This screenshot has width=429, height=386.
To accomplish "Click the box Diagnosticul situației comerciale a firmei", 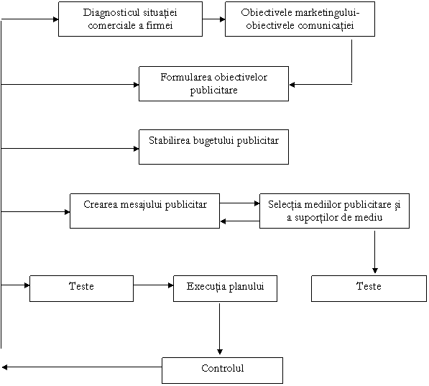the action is click(x=130, y=19).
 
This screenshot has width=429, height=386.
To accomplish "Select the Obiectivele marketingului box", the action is click(x=300, y=19).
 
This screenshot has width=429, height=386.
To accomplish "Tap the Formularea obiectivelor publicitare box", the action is click(x=213, y=84).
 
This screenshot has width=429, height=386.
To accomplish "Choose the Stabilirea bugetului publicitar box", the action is click(x=213, y=147).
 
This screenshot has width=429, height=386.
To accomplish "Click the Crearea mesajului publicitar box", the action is click(x=144, y=211).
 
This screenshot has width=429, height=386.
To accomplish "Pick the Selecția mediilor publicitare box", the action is click(x=334, y=211).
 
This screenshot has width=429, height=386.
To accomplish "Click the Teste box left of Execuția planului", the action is click(x=81, y=288).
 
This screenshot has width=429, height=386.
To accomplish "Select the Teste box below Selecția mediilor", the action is click(x=369, y=288).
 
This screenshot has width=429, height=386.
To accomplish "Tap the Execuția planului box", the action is click(x=225, y=288).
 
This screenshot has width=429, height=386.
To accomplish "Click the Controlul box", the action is click(x=222, y=370).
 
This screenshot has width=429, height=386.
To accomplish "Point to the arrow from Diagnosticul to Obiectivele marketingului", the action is click(x=213, y=19).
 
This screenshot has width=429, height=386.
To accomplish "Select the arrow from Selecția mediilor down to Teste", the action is click(x=375, y=252).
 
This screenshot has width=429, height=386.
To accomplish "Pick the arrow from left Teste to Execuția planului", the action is click(x=154, y=285).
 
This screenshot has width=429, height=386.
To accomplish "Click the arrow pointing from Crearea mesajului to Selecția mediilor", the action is click(x=240, y=203).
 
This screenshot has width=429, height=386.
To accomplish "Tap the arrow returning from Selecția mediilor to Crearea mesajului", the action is click(x=240, y=221).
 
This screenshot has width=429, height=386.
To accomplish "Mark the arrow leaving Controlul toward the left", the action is click(x=82, y=367).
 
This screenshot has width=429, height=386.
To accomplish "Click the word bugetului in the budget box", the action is click(x=214, y=141).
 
